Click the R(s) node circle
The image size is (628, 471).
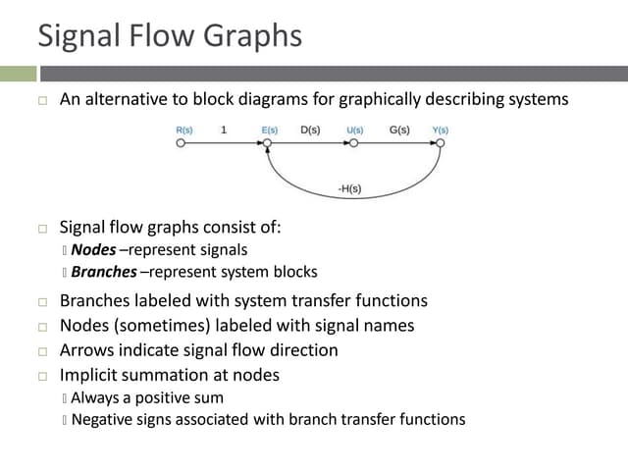(x=180, y=143)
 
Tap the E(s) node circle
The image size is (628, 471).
(x=266, y=143)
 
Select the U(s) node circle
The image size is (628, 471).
(x=353, y=143)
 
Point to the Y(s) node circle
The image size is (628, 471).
(x=441, y=143)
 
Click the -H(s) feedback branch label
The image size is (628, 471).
(x=349, y=188)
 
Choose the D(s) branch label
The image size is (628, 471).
(x=310, y=130)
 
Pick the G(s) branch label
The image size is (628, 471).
(x=399, y=130)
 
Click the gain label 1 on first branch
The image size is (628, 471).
(x=224, y=130)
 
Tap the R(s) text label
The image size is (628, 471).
(x=183, y=130)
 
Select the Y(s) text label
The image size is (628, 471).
(x=441, y=130)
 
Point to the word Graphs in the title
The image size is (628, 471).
(x=252, y=36)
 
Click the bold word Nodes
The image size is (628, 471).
(x=93, y=249)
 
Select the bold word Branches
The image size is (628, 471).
(x=104, y=272)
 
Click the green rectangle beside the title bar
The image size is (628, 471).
(x=18, y=74)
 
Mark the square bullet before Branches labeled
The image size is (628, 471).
(x=42, y=301)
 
